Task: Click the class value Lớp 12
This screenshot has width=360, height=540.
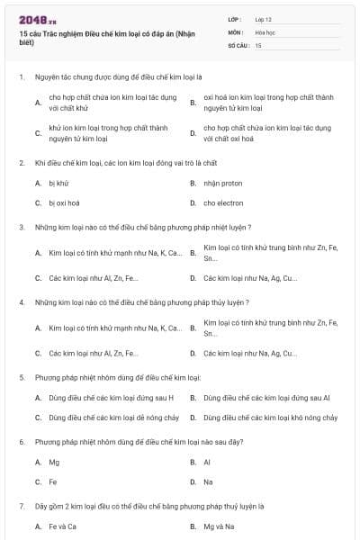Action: [263, 18]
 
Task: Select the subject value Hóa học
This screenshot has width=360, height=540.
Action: [265, 31]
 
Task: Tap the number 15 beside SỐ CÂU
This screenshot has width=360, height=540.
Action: [258, 44]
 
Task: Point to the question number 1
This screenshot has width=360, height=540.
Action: [22, 78]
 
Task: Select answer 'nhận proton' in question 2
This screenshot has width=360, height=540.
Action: [217, 183]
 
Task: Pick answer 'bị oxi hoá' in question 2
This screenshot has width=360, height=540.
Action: [64, 202]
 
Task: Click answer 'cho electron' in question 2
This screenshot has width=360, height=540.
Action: [219, 202]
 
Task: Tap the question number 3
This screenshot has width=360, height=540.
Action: [22, 227]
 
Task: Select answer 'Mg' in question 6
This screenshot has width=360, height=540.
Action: [54, 462]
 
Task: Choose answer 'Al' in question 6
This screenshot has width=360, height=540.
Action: [207, 462]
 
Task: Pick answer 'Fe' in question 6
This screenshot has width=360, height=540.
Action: [53, 481]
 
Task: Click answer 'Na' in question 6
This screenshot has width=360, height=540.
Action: [208, 481]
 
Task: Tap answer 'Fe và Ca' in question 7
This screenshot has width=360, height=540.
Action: [62, 526]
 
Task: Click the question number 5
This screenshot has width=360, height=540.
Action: [22, 377]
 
